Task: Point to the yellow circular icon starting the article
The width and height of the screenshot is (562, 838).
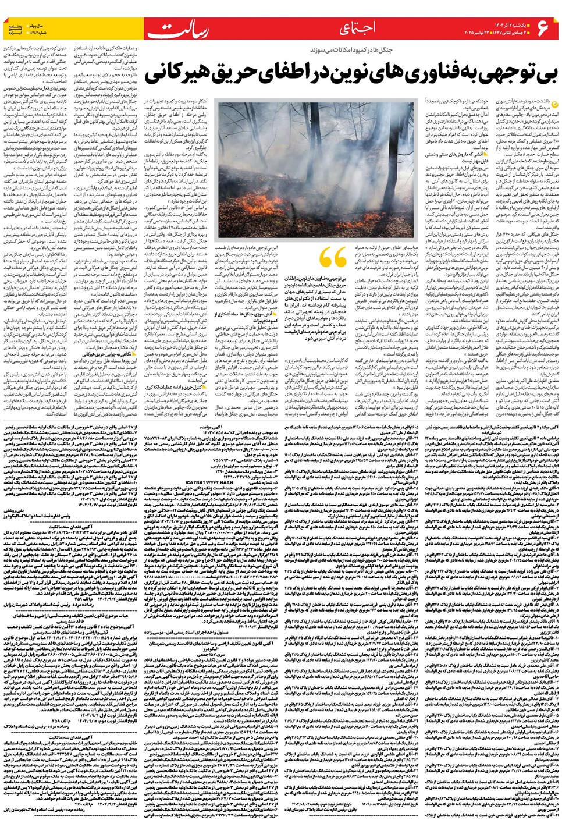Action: pos(553,104)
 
